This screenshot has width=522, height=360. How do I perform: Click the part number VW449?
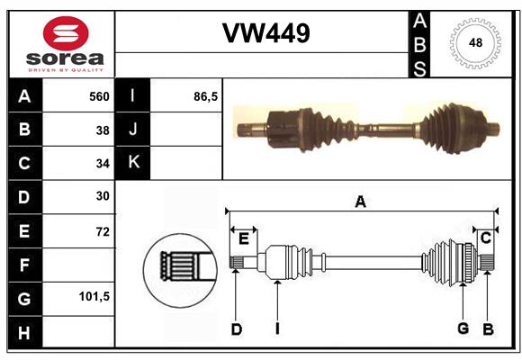tap(266, 33)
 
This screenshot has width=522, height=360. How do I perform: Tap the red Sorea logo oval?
tap(66, 33)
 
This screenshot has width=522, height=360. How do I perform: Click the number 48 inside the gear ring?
tap(475, 42)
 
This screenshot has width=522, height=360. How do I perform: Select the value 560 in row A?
tap(99, 96)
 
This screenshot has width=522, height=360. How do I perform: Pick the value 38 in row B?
tap(103, 130)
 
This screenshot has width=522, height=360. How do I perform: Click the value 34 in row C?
tap(103, 164)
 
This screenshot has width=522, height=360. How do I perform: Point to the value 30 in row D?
tap(103, 196)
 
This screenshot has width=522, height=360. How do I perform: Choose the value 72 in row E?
tap(103, 231)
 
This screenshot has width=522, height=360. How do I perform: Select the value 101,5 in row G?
tap(94, 296)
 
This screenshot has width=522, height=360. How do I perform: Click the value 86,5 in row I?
tap(205, 96)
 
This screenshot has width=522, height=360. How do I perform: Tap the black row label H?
tap(24, 332)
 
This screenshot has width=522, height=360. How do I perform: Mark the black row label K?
tap(133, 163)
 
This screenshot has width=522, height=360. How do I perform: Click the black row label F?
tap(24, 265)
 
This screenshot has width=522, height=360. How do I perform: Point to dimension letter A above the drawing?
tap(361, 202)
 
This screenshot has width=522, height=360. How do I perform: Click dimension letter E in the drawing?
tap(244, 239)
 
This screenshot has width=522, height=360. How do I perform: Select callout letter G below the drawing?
tap(463, 328)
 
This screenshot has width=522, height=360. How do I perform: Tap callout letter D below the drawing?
tap(237, 329)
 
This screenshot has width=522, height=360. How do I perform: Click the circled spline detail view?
tap(180, 270)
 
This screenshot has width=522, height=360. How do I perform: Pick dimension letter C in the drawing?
tap(486, 238)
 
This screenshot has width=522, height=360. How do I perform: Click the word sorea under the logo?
tap(65, 58)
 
